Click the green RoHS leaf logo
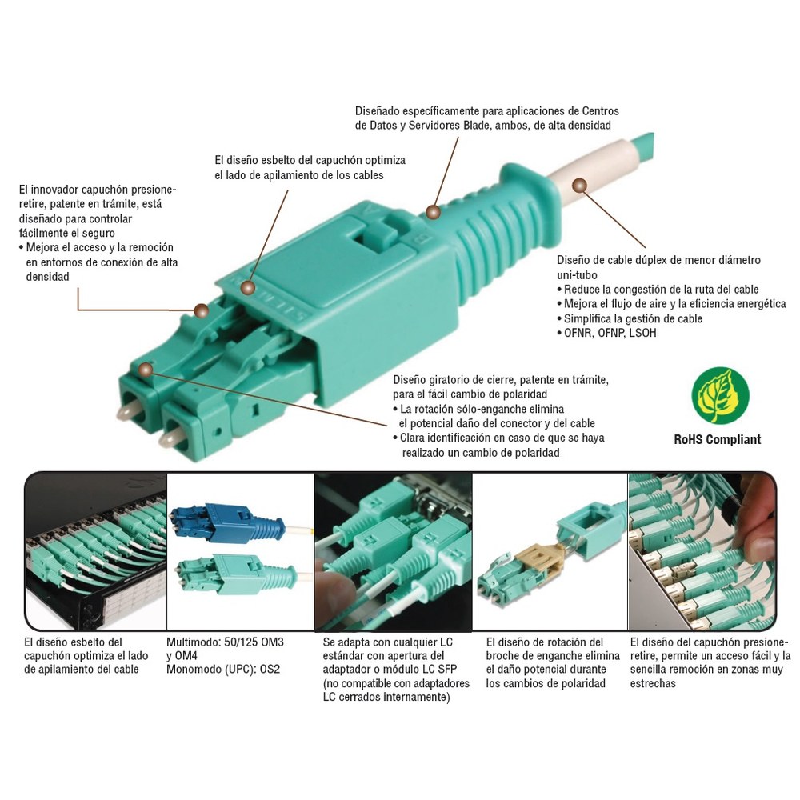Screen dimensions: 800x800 [720, 395]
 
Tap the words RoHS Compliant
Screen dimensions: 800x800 [718, 439]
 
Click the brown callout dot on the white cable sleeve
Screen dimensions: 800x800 [579, 186]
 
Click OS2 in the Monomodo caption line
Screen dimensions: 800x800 [270, 669]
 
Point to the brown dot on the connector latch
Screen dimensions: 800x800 [202, 310]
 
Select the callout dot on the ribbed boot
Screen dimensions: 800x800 [433, 212]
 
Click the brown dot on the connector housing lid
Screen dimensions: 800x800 [248, 288]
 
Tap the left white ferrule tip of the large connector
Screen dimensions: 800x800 [125, 412]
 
